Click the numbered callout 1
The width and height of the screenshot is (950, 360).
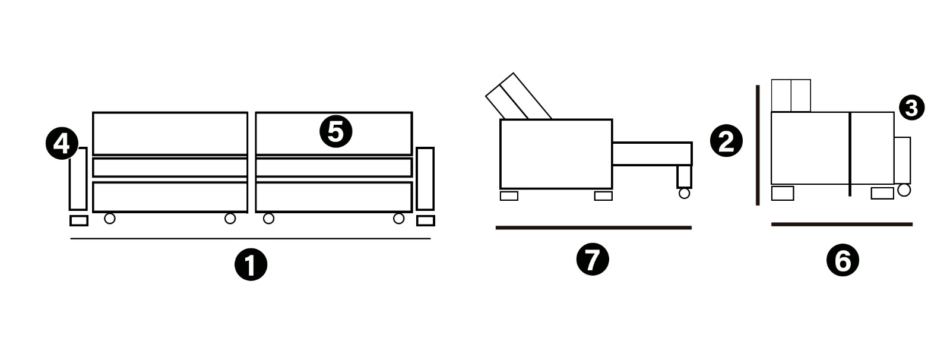point(251,264)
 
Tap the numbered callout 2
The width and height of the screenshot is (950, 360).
point(726,141)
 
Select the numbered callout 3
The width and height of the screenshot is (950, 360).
point(911,108)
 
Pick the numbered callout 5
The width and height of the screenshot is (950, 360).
point(335,132)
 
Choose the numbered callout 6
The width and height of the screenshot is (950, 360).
point(843,260)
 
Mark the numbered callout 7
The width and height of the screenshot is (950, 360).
point(593,259)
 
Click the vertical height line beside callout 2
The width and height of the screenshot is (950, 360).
point(758,145)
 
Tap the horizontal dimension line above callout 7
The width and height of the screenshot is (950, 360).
point(594,228)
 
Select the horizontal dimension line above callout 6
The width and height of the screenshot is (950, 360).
point(842,224)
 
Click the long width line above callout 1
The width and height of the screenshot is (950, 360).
point(250,239)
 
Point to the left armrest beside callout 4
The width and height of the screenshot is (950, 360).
point(78,179)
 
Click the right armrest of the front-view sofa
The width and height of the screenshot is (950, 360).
point(425,179)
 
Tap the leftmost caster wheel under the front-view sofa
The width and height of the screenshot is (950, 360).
point(109,219)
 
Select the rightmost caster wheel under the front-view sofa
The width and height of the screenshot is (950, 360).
point(398,219)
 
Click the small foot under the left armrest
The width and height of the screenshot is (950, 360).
point(79,221)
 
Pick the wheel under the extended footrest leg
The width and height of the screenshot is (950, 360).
point(684,194)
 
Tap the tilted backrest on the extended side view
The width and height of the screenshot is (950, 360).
point(518,96)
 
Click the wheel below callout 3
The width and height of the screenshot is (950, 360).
point(904,190)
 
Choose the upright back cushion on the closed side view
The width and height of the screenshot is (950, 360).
point(791,96)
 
